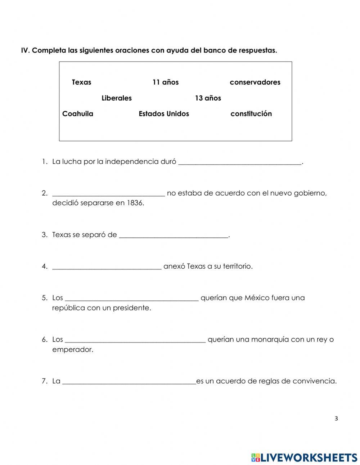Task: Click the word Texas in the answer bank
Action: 81,82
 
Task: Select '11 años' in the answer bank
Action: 165,82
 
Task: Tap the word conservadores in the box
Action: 255,82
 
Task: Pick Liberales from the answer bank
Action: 117,98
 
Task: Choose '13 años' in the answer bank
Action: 208,98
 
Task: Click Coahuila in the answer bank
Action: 78,114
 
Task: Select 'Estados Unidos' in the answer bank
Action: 164,114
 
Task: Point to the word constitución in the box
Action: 251,114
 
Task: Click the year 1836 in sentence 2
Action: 135,203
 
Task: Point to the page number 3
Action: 336,419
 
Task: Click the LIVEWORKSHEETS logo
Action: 304,457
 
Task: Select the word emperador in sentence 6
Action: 72,349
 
